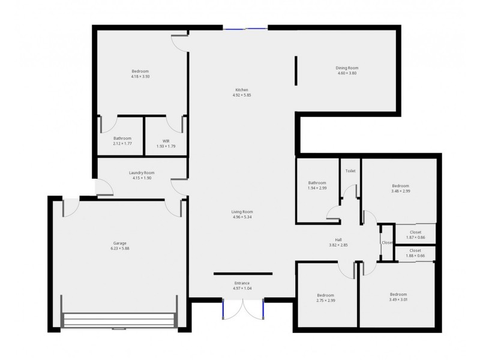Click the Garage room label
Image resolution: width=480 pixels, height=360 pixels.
pos(119,244)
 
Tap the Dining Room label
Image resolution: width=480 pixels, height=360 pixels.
pos(347,68)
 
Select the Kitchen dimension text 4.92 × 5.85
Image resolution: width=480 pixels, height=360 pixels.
pos(242,95)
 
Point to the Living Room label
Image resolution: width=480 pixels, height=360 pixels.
pos(242,212)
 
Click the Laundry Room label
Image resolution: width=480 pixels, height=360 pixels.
pos(142,173)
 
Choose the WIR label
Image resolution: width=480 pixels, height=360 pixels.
pos(166,141)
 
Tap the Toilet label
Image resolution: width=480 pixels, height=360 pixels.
pos(350,171)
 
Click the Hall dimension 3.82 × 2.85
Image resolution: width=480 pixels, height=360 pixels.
pos(338,245)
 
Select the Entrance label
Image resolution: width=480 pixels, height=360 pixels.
pos(242,283)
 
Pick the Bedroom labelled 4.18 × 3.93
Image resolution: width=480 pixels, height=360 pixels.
pos(140,71)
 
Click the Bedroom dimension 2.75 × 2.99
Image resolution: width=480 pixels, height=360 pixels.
pos(326,301)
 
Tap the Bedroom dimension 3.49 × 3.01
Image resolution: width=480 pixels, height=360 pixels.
pos(398,300)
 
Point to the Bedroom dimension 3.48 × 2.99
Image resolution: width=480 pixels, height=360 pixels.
pos(400,191)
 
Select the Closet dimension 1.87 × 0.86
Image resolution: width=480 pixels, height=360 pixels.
pos(415,238)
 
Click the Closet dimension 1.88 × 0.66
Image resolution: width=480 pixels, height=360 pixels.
pos(415,256)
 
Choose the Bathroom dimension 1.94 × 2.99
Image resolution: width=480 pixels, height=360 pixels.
pos(317,188)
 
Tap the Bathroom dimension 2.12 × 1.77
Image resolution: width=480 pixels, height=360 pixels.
pos(122,143)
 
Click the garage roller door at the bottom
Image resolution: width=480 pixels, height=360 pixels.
pos(119,320)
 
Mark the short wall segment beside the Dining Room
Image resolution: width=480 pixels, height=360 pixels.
pos(296,71)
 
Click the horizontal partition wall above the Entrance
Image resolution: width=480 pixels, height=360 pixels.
pos(243,274)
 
